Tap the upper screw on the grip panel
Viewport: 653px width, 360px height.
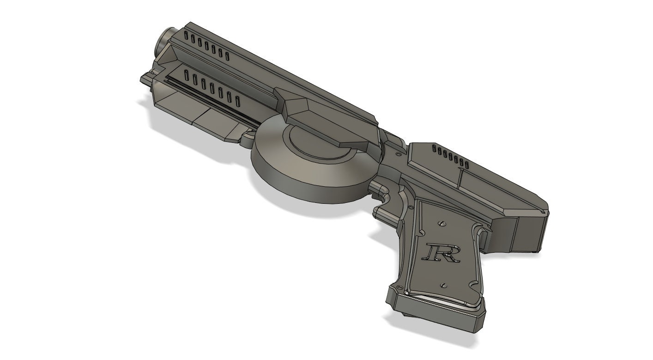point(442,224)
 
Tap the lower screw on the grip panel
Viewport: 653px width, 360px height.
point(444,285)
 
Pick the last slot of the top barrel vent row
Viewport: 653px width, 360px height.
point(227,55)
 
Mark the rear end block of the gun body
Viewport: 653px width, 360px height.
point(531,233)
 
